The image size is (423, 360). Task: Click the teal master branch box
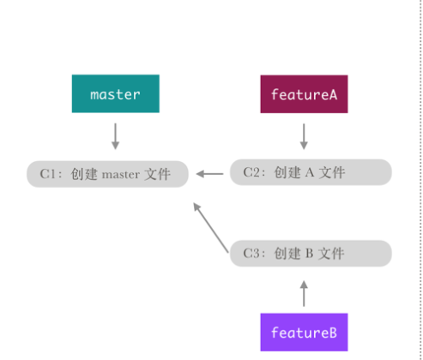click(x=115, y=94)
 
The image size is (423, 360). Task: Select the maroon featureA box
click(x=303, y=94)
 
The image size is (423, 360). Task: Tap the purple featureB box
click(x=303, y=332)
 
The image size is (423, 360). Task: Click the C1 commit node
click(x=106, y=174)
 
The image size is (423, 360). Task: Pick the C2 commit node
click(x=310, y=172)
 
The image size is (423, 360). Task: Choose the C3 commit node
click(x=310, y=253)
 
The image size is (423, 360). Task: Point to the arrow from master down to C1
click(x=115, y=135)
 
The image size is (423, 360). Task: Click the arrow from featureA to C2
click(x=303, y=135)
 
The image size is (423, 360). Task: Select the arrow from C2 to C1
click(x=208, y=174)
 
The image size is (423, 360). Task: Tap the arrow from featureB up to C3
click(x=303, y=292)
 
